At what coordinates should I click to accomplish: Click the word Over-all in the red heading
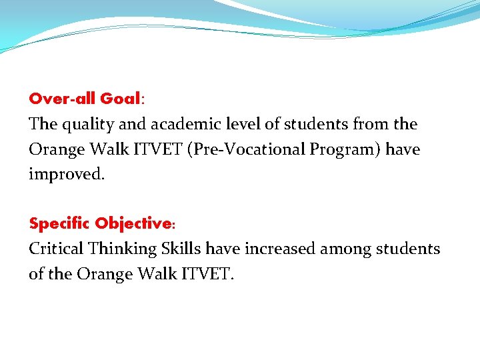tap(62, 99)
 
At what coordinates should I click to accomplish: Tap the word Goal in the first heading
tap(119, 99)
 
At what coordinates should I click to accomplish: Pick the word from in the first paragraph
tap(372, 124)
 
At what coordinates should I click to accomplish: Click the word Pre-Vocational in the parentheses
tap(247, 149)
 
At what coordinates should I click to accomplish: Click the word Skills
tap(181, 249)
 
